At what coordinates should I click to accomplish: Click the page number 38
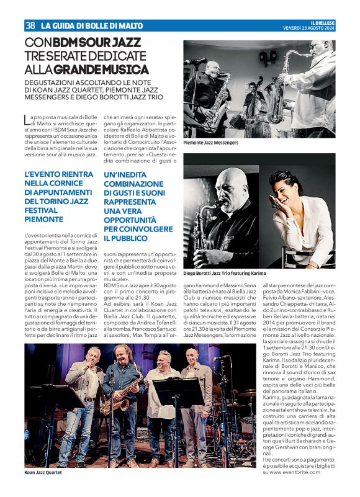pyautogui.click(x=29, y=25)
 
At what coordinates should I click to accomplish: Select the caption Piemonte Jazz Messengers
pyautogui.click(x=210, y=143)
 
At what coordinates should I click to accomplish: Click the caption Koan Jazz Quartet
pyautogui.click(x=43, y=473)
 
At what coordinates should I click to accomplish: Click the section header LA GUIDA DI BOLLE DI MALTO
pyautogui.click(x=91, y=26)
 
